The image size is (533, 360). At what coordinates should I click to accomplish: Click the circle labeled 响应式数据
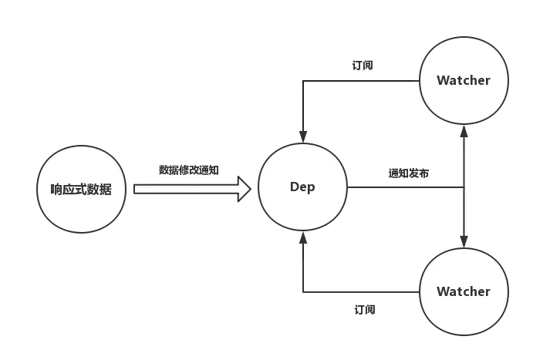tap(80, 189)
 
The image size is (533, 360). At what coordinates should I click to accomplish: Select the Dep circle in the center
tap(302, 187)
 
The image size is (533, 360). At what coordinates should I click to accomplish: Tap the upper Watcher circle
tap(464, 79)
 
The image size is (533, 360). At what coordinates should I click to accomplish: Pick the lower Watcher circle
tap(464, 291)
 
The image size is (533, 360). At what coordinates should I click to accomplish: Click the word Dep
tap(302, 187)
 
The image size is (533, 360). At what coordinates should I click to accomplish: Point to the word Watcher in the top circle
tap(464, 80)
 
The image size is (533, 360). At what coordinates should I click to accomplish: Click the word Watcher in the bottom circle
tap(464, 291)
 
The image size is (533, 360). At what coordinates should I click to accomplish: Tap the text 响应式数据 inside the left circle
tap(80, 190)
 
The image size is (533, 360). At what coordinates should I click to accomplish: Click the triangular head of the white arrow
tap(245, 189)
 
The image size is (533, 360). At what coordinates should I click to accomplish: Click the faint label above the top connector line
tap(363, 67)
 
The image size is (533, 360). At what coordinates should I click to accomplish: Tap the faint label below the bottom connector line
tap(363, 308)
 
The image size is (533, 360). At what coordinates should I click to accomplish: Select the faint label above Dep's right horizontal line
tap(410, 173)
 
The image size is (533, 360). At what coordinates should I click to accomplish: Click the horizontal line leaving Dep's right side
tap(401, 187)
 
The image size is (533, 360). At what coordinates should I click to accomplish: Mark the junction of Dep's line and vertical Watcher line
tap(464, 187)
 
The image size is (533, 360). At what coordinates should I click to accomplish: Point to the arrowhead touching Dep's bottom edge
tap(304, 237)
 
